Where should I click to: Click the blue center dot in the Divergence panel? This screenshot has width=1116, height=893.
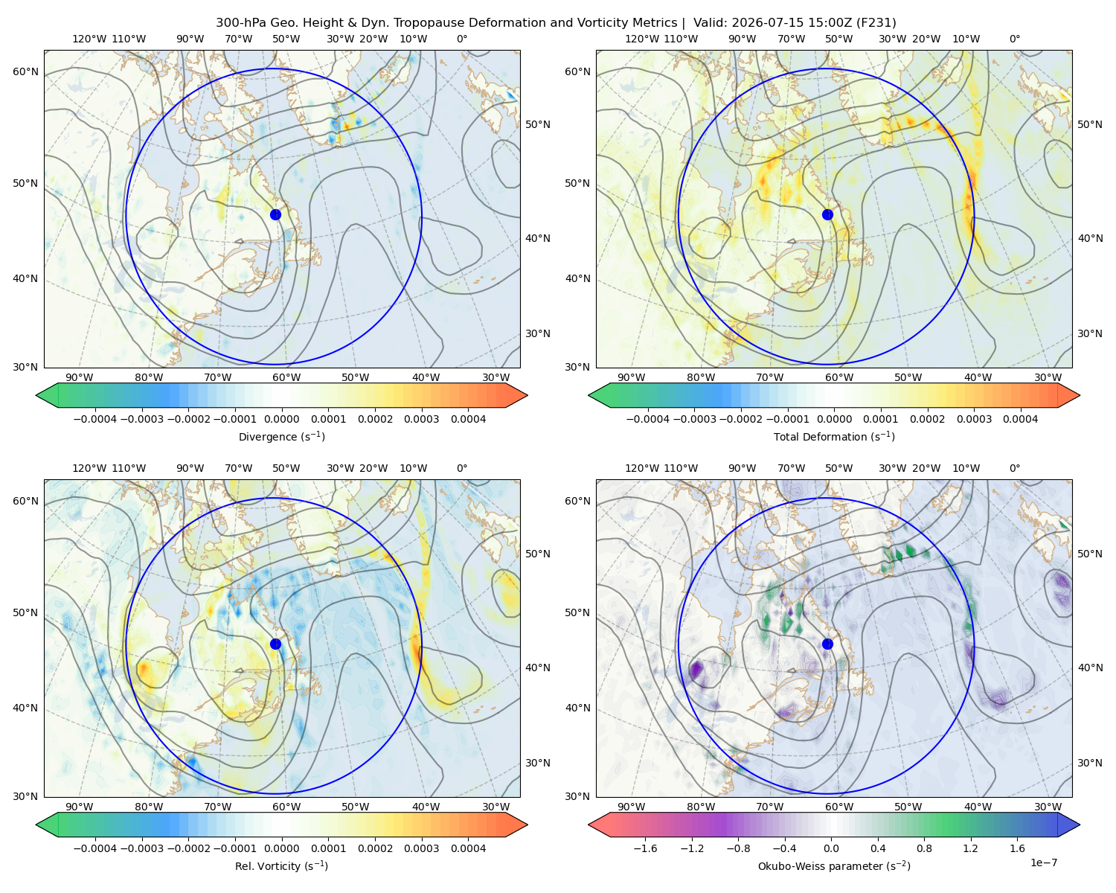[x=275, y=214]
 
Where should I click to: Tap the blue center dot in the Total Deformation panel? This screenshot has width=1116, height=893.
[x=827, y=214]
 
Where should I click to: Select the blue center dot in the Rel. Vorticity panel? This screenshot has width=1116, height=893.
[x=275, y=644]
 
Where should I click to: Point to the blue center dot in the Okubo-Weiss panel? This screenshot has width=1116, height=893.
[x=827, y=644]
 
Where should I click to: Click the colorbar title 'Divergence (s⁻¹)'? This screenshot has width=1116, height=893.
[x=281, y=436]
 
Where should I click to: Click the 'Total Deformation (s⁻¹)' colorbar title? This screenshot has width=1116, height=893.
[x=834, y=436]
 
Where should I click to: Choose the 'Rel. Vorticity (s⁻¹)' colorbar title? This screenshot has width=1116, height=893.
[x=281, y=865]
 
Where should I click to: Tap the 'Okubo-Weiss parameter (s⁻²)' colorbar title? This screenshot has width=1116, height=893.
[x=834, y=865]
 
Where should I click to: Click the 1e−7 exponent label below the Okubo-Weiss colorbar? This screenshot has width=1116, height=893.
[x=1043, y=862]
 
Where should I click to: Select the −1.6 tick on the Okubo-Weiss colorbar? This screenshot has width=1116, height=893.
[x=645, y=848]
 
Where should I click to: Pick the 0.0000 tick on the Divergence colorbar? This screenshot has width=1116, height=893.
[x=281, y=419]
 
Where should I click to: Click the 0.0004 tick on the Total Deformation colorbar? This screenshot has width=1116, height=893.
[x=1020, y=419]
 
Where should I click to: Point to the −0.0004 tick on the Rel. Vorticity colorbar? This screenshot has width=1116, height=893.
[x=95, y=848]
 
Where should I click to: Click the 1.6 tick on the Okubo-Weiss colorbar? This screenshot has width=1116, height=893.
[x=1017, y=848]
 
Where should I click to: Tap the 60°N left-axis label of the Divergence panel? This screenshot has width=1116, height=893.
[x=25, y=71]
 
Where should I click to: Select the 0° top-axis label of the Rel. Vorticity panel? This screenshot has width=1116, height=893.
[x=462, y=468]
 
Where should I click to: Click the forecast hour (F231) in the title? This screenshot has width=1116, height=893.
[x=876, y=23]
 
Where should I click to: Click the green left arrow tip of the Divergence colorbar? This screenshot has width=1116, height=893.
[x=36, y=395]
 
